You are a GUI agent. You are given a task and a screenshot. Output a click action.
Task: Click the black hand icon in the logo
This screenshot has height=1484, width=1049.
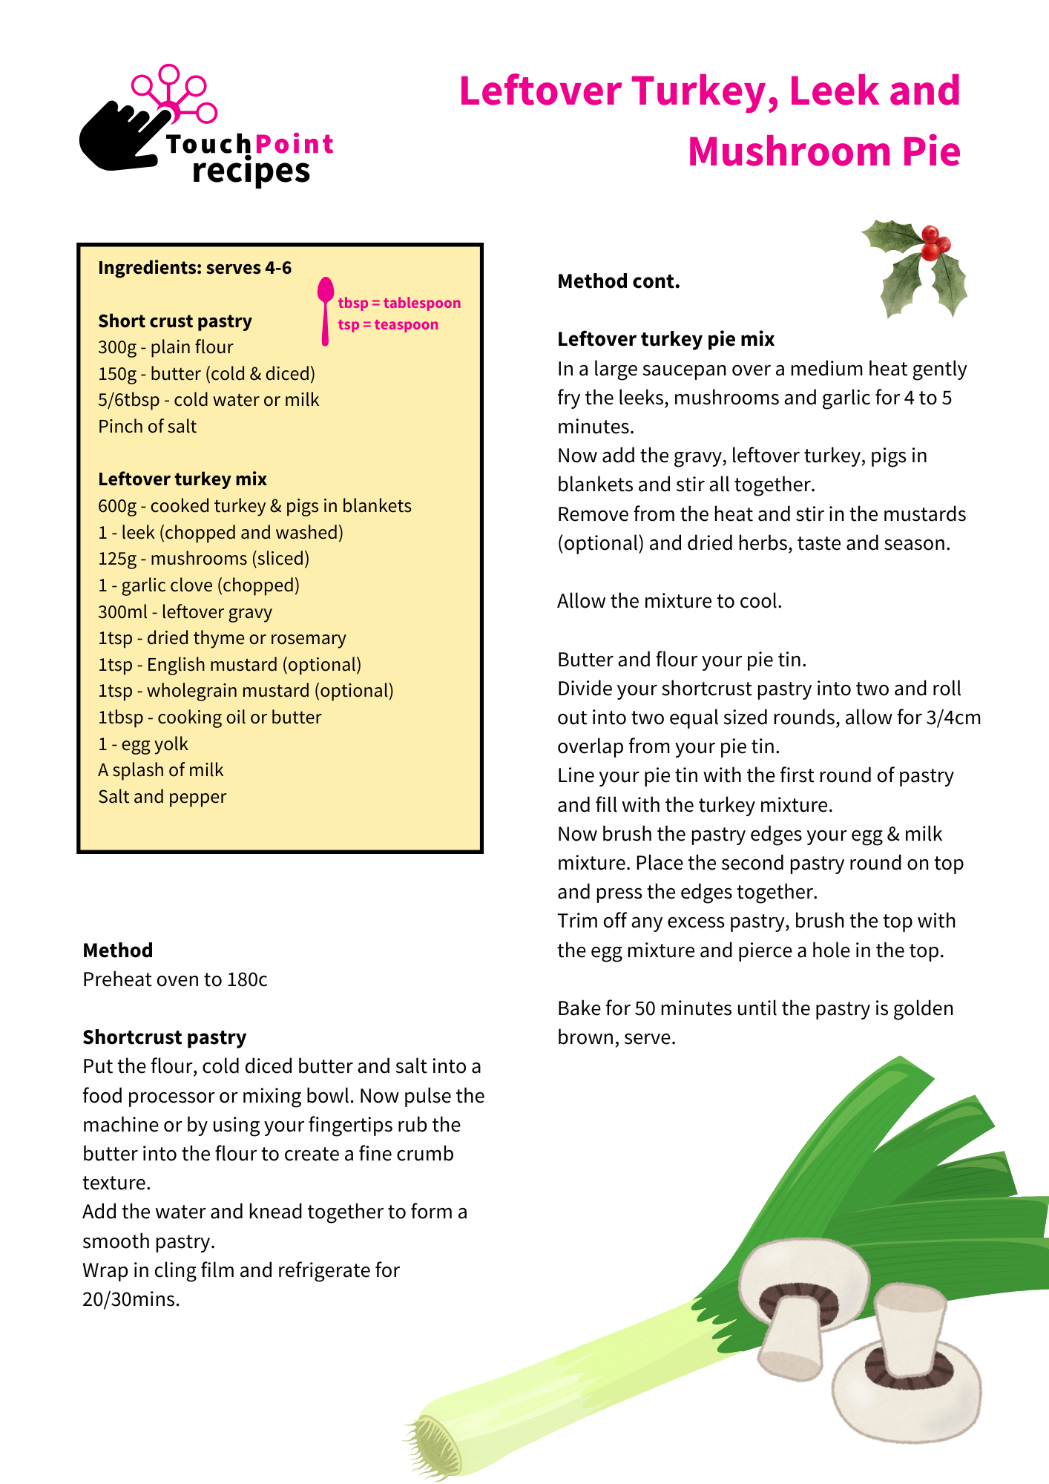pos(119,137)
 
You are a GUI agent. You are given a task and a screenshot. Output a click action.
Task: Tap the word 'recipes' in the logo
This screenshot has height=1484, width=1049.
pos(251,171)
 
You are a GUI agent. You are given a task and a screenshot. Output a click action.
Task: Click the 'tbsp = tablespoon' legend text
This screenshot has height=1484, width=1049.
pos(399,303)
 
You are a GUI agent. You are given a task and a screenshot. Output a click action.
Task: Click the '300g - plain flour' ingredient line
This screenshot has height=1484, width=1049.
pos(165,347)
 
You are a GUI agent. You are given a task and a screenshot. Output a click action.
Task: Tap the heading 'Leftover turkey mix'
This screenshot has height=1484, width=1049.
pos(182,479)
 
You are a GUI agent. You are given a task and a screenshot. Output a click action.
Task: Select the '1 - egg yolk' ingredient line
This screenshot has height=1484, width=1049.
pos(143,743)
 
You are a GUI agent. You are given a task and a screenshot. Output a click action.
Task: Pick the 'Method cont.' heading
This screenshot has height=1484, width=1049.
pos(619,281)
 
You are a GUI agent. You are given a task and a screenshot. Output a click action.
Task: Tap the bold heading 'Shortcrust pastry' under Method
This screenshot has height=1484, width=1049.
pos(165,1037)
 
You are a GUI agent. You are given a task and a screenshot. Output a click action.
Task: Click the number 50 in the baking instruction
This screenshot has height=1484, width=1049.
pos(645,1008)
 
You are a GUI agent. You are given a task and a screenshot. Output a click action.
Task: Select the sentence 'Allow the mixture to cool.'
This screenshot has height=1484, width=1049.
pos(670,601)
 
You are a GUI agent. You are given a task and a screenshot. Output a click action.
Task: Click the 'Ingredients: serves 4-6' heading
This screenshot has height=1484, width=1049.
pos(194,268)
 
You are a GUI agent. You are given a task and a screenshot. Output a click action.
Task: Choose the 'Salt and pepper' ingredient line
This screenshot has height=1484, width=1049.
pos(162,797)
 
